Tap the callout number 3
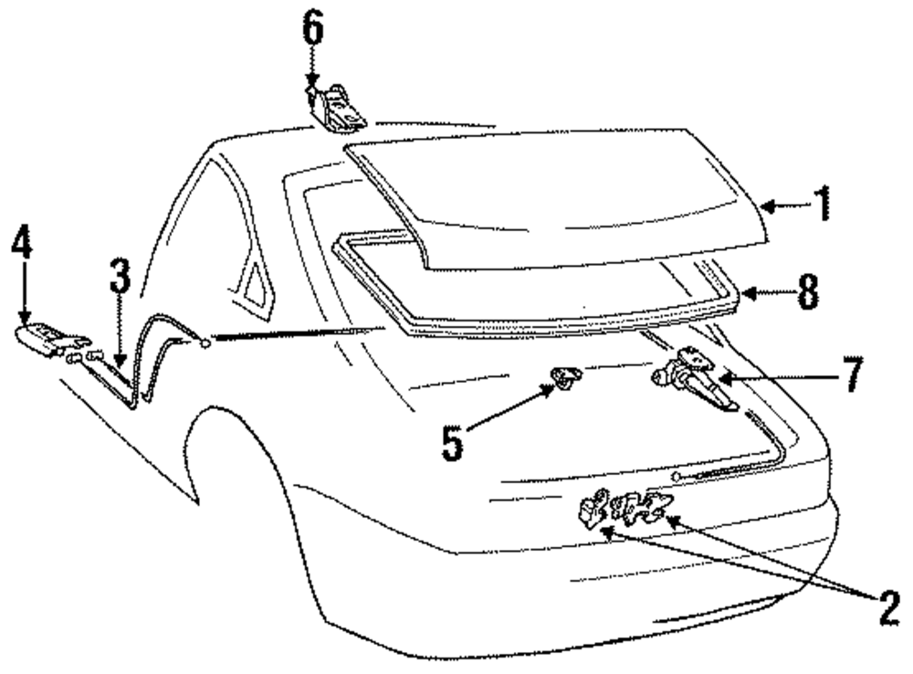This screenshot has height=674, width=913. [120, 277]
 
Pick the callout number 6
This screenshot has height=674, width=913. [313, 31]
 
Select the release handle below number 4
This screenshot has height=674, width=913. [46, 336]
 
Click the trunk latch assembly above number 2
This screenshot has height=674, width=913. [625, 508]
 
